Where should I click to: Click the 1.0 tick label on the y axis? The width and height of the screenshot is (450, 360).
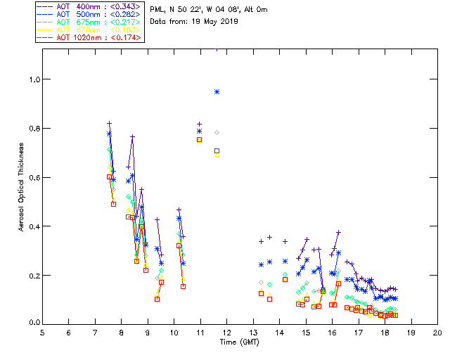point(32,79)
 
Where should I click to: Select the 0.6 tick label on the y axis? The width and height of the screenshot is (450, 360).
point(32,177)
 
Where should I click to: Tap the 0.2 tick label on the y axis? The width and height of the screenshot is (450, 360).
point(32,275)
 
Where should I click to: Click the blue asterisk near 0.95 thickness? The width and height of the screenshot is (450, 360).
point(217,91)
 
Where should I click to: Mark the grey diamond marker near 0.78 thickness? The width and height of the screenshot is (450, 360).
point(217,132)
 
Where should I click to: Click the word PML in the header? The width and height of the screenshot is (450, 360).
point(157,9)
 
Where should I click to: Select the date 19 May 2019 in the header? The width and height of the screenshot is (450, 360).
point(214,22)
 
